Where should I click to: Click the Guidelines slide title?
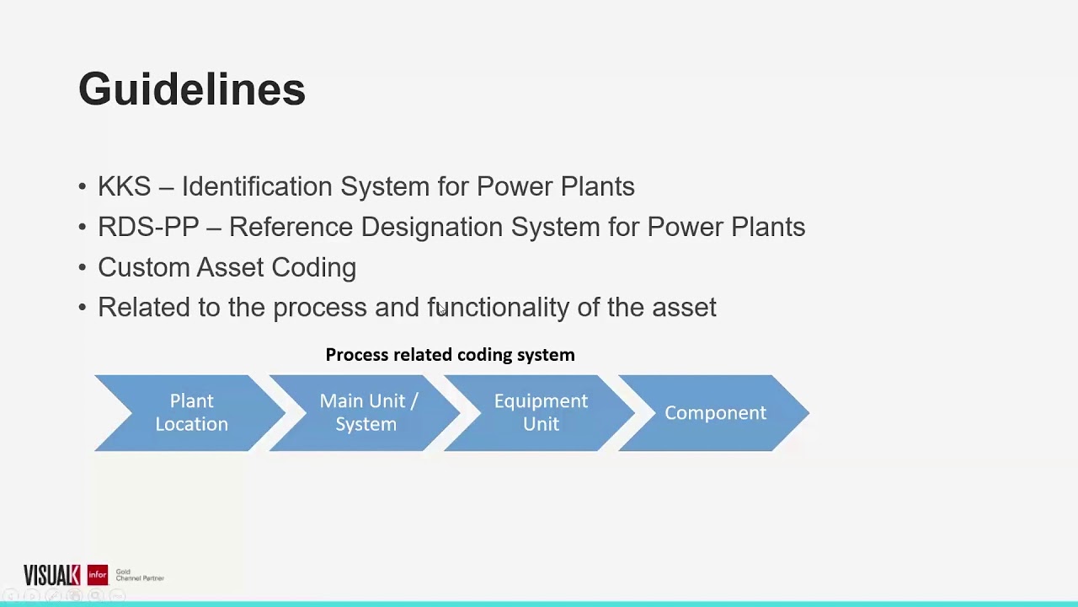tap(191, 89)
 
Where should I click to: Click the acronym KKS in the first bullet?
tap(124, 186)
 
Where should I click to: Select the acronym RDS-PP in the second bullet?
tap(148, 227)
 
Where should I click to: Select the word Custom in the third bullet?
tap(143, 267)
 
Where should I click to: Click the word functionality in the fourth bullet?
tap(499, 308)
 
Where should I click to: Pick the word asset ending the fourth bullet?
tap(684, 308)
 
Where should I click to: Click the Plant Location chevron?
tap(191, 413)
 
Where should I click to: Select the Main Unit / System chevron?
tap(366, 413)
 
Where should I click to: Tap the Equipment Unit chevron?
tap(541, 413)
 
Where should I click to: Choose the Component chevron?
tap(715, 413)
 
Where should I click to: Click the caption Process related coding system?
tap(450, 355)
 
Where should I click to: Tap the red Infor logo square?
tap(97, 575)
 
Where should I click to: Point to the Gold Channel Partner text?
tap(139, 575)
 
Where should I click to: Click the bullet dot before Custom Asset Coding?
tap(82, 268)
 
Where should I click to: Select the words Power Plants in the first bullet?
tap(555, 186)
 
